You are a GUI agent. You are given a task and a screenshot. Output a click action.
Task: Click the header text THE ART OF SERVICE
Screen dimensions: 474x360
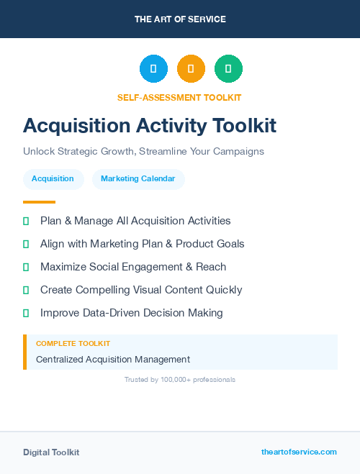tap(180, 19)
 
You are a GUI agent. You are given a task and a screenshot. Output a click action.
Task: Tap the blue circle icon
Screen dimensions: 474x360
tap(153, 69)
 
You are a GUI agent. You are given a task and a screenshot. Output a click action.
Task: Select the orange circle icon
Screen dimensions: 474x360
tap(191, 69)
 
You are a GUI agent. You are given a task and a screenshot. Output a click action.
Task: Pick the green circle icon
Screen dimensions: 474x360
tap(228, 69)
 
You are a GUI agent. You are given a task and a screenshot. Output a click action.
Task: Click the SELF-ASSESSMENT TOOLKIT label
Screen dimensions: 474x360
tap(179, 97)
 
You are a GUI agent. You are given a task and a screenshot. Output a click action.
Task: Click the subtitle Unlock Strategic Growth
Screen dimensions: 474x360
tap(143, 152)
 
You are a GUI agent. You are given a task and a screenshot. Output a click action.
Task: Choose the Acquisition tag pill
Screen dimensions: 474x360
tap(53, 178)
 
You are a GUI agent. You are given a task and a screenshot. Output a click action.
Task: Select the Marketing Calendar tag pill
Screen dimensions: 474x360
tap(138, 178)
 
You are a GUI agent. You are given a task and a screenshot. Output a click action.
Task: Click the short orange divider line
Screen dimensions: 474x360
tap(39, 202)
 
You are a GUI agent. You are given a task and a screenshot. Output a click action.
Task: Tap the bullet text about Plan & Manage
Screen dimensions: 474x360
tap(135, 221)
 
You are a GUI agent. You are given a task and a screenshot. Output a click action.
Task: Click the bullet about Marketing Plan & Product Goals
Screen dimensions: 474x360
tap(142, 244)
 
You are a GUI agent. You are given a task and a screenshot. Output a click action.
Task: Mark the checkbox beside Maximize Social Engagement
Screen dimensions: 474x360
tap(26, 267)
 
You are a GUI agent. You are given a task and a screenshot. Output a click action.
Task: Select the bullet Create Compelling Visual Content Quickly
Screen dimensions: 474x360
tap(141, 290)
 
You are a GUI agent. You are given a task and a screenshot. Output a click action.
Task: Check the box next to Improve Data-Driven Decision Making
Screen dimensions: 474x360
tap(26, 313)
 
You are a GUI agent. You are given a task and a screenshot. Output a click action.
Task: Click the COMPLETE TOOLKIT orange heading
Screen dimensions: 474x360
tap(73, 344)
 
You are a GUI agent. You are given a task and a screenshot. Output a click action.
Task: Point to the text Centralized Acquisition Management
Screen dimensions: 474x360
tap(113, 359)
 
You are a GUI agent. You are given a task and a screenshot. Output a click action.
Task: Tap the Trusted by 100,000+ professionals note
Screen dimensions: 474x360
tap(179, 379)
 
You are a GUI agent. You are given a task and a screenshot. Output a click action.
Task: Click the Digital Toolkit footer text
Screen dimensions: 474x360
tap(51, 452)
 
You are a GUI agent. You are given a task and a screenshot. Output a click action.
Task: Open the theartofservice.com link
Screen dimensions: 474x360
tap(299, 452)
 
